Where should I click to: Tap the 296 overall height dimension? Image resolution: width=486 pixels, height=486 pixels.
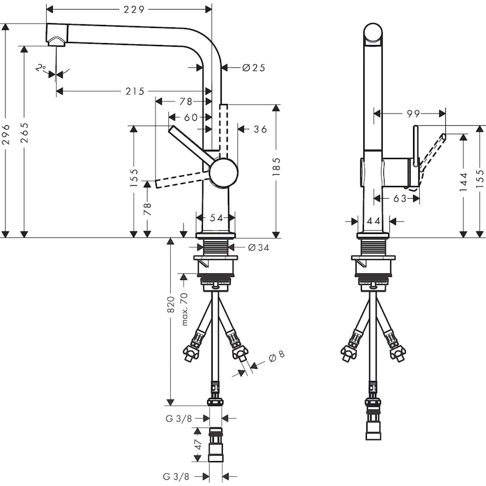pyautogui.click(x=7, y=131)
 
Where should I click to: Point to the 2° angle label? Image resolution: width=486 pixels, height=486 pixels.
pyautogui.click(x=41, y=69)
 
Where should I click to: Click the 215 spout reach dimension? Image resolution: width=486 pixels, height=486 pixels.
pyautogui.click(x=134, y=92)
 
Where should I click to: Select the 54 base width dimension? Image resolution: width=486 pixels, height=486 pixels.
pyautogui.click(x=216, y=217)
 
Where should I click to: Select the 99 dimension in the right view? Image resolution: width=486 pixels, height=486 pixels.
pyautogui.click(x=414, y=113)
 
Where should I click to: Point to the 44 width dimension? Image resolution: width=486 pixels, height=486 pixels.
pyautogui.click(x=373, y=222)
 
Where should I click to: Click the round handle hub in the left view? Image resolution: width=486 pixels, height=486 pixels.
pyautogui.click(x=224, y=173)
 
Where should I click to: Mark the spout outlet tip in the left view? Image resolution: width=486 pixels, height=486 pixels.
pyautogui.click(x=56, y=41)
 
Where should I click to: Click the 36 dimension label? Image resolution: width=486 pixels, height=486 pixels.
pyautogui.click(x=259, y=129)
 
